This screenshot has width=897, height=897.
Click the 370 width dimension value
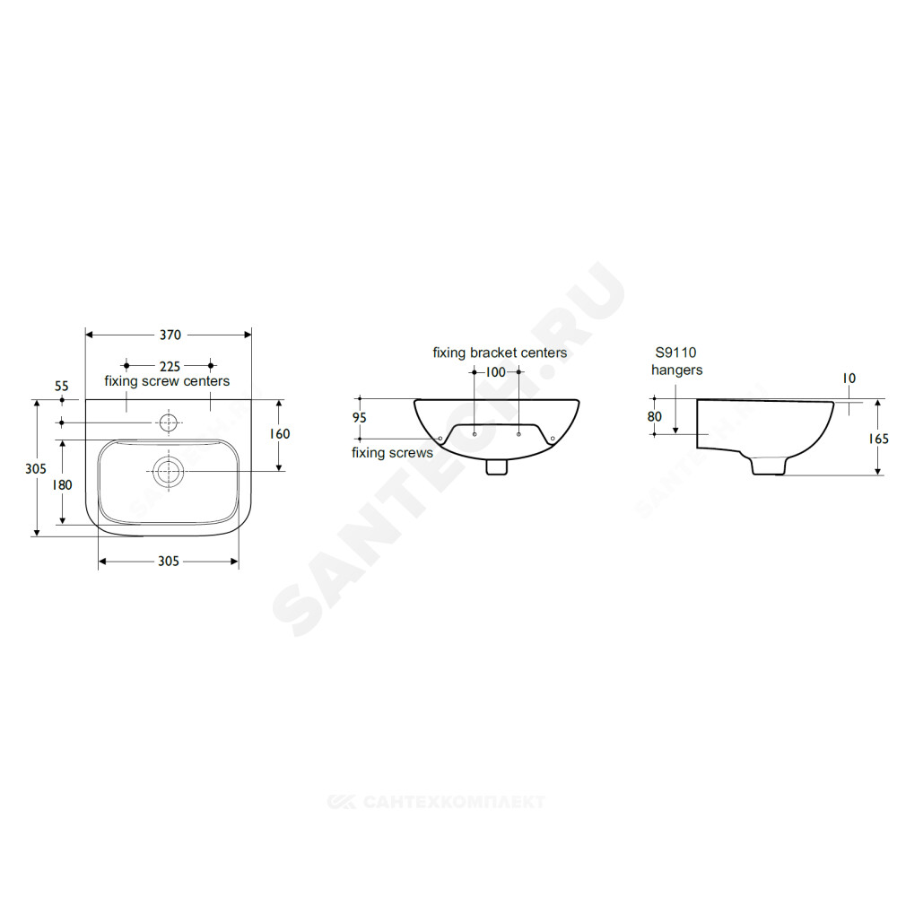click(x=170, y=335)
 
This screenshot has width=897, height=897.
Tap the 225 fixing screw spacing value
click(x=170, y=366)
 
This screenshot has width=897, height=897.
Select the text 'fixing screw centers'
click(x=167, y=381)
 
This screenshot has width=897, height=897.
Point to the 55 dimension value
click(x=62, y=386)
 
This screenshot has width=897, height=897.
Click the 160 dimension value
click(x=280, y=434)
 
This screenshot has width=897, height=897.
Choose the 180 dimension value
click(x=63, y=485)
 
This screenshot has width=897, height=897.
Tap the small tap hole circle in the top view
click(x=169, y=422)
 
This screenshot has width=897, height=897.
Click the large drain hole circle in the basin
click(x=169, y=472)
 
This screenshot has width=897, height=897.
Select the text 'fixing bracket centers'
click(x=500, y=353)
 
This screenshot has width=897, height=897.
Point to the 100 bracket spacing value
click(x=496, y=372)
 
